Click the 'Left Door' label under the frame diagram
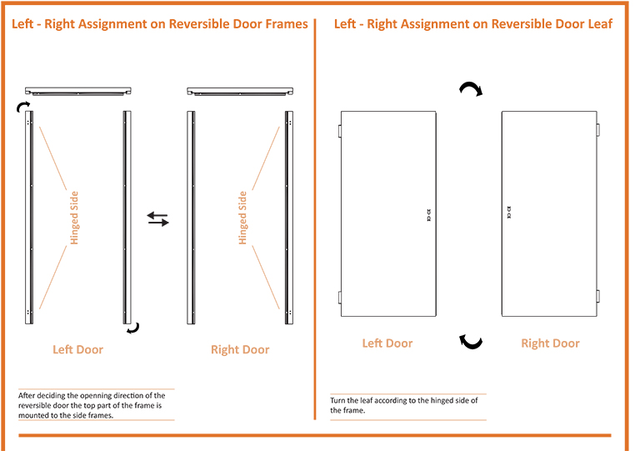(77, 349)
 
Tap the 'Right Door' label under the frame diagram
(240, 349)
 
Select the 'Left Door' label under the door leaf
(387, 343)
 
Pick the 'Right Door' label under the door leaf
(550, 343)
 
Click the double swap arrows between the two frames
(157, 219)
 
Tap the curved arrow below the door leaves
(472, 341)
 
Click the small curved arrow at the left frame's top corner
(23, 105)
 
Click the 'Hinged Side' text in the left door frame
(74, 218)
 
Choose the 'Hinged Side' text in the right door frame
(242, 218)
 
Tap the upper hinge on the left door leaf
(339, 132)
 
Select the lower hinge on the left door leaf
(339, 297)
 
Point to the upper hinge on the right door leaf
(598, 130)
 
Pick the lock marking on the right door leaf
(509, 212)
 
